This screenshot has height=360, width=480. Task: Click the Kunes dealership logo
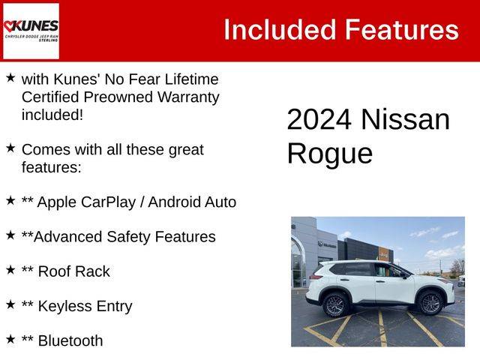[31, 31]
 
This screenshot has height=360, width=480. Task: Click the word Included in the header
[280, 30]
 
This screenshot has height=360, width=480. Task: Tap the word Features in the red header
[402, 30]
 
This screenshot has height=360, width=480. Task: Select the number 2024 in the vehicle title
[319, 119]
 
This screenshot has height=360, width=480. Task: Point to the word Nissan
[406, 119]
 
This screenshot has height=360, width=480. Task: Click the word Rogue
[330, 154]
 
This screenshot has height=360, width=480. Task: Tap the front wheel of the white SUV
[430, 303]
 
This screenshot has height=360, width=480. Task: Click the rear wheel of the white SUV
[334, 305]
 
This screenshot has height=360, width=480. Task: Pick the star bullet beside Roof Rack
[10, 270]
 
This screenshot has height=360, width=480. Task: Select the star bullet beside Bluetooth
[10, 339]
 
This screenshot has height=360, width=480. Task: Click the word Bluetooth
[70, 340]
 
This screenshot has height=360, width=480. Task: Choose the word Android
[174, 202]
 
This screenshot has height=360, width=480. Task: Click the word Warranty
[188, 97]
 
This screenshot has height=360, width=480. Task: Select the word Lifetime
[191, 79]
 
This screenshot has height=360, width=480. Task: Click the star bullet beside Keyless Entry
[10, 304]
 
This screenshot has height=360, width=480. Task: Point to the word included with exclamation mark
[52, 115]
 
